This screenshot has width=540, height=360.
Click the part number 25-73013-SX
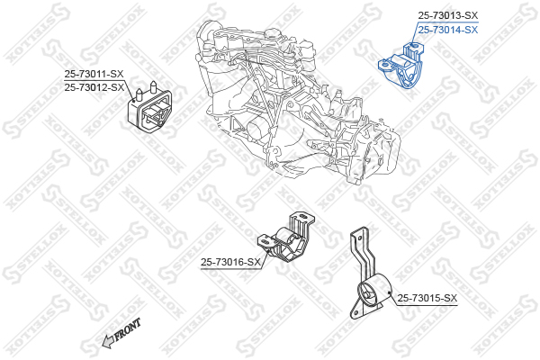[x=447, y=15]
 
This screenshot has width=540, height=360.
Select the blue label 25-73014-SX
[x=447, y=30]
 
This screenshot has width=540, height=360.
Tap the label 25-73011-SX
[x=94, y=74]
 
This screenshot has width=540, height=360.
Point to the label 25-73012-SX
[x=94, y=87]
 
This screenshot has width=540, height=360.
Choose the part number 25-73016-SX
[x=230, y=263]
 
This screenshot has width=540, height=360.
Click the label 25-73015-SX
[x=427, y=298]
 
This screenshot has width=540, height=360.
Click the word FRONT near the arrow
[x=128, y=329]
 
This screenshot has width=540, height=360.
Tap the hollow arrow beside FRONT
[x=109, y=341]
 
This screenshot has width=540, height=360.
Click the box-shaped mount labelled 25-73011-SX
[x=149, y=109]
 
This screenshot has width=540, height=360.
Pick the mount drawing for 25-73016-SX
[x=286, y=238]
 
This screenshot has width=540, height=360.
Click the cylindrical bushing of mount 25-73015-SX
[x=374, y=292]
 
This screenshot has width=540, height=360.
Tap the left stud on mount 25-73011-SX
[x=139, y=94]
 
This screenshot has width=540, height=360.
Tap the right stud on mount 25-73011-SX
[x=154, y=87]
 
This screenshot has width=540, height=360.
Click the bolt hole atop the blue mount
[x=415, y=45]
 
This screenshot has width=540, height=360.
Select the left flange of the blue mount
[x=386, y=65]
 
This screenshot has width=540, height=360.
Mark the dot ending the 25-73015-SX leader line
[x=390, y=292]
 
